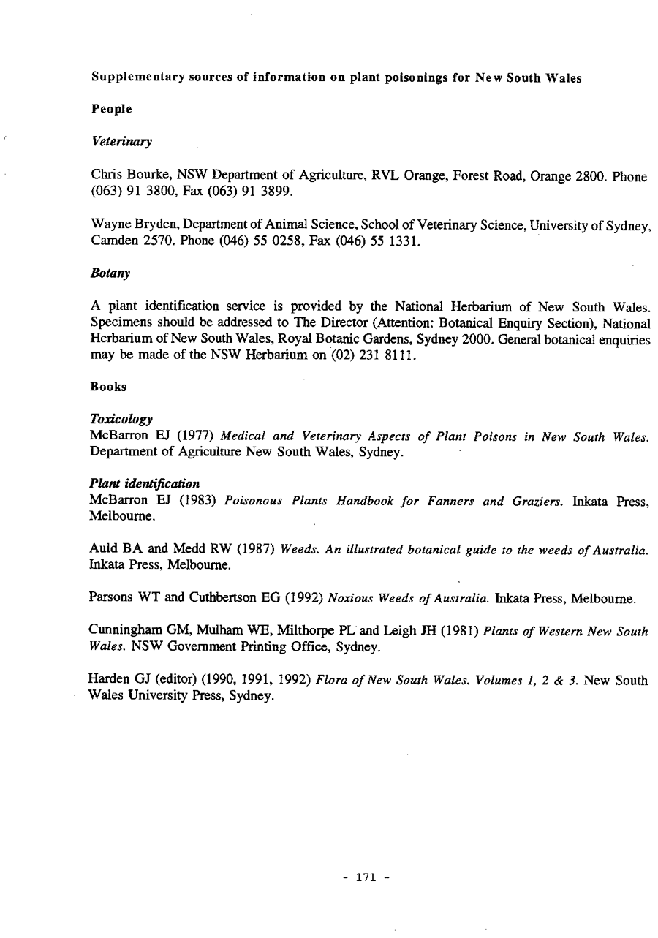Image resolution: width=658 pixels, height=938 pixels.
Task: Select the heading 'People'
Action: [112, 109]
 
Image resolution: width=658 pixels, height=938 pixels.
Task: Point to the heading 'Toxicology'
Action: [121, 420]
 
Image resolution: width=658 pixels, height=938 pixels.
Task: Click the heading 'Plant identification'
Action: [135, 485]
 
